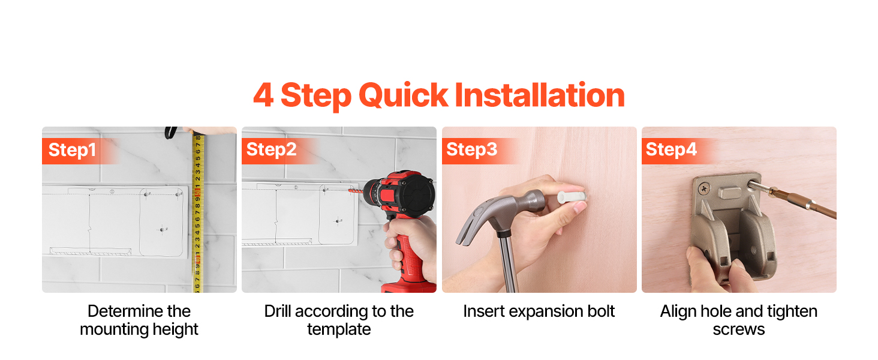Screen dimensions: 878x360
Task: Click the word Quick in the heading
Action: [403, 95]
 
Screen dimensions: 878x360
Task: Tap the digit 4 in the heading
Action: [263, 95]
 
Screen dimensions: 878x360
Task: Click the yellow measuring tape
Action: [198, 212]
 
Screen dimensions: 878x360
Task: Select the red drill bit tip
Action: [354, 191]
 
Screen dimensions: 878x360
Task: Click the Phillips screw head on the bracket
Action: [704, 189]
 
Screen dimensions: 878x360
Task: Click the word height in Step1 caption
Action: [175, 329]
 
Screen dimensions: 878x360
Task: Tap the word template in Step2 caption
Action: [339, 329]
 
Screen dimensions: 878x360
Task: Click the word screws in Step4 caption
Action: [738, 330]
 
